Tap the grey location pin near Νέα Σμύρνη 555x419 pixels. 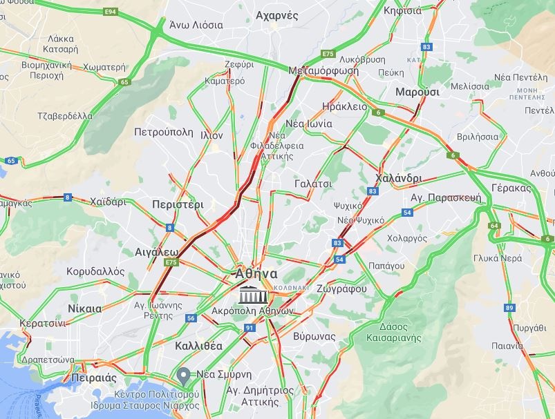(183, 376)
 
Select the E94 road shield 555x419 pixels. (109, 12)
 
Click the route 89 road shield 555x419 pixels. (509, 307)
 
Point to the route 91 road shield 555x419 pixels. (249, 327)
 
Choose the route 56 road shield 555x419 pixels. (191, 318)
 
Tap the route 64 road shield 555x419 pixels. (494, 226)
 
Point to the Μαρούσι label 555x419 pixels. (417, 92)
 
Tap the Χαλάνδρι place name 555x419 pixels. (398, 177)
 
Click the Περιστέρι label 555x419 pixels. (178, 204)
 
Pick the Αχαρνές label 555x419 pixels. (276, 15)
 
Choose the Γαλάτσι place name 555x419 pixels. (313, 184)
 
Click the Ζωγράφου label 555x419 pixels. (341, 289)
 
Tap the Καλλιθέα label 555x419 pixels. (179, 345)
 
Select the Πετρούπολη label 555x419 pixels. (163, 130)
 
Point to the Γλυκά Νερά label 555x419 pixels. (498, 257)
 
